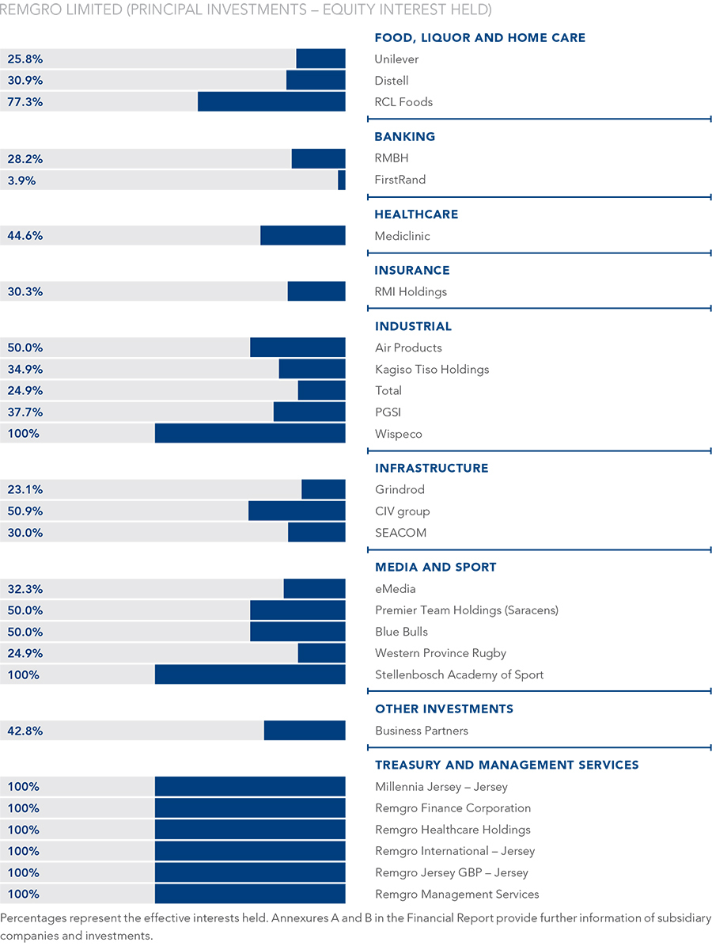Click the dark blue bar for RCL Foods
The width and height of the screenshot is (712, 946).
coord(271,101)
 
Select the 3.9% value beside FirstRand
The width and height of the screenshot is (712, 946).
coord(21,180)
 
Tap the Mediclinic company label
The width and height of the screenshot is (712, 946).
coord(402,236)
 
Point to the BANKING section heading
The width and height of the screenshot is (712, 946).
coord(404,137)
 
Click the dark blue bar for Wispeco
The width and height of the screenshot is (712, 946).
coord(250,433)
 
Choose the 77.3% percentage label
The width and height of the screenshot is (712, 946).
coord(25,102)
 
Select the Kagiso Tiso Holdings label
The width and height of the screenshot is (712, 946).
coord(432,369)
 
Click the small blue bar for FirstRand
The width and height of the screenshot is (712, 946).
coord(342,180)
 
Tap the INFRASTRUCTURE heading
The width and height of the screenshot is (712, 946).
coord(431,468)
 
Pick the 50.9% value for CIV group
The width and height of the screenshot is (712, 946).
coord(25,511)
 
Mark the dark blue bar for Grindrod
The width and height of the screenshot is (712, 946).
coord(324,489)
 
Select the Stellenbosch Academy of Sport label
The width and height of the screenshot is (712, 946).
coord(459,674)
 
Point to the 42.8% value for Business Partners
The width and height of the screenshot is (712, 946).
coord(25,731)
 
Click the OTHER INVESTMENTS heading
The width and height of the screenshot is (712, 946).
coord(444,709)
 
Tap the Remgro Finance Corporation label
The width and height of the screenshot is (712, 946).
coord(453,808)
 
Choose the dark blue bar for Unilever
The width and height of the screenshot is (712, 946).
coord(320,59)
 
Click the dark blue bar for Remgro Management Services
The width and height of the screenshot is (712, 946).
coord(250,894)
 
